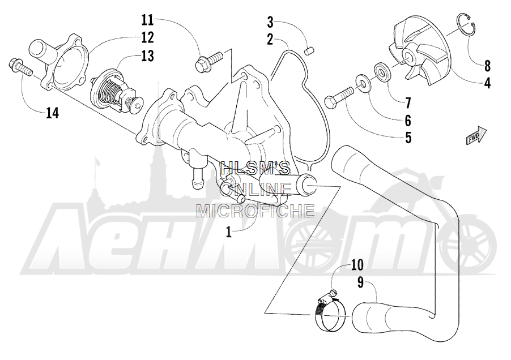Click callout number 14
52,113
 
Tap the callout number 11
147,20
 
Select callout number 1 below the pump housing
229,232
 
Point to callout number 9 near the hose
360,282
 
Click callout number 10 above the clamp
357,265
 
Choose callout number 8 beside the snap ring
487,66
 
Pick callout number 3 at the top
270,23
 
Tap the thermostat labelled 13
116,92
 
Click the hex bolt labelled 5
339,97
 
